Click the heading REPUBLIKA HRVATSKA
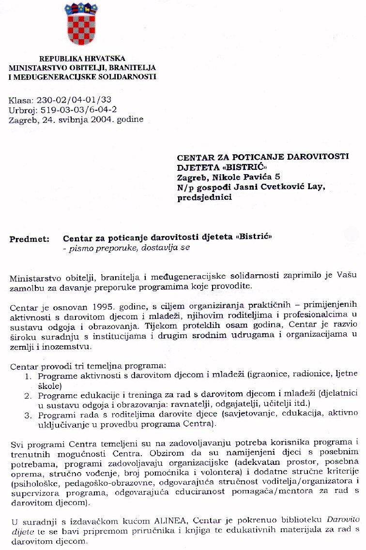(x=82, y=59)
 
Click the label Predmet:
(x=29, y=238)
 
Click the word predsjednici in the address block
(x=204, y=196)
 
